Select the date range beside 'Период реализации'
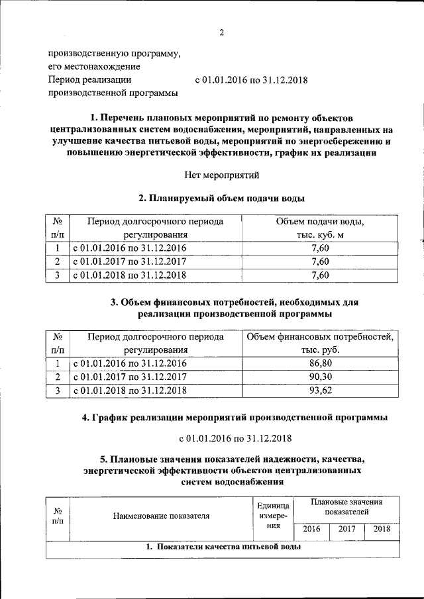pos(251,80)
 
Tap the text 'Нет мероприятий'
pos(222,175)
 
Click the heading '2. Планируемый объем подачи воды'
pos(222,198)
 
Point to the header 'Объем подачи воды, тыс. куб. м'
pos(320,228)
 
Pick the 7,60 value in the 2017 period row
pos(320,261)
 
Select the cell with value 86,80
pos(320,363)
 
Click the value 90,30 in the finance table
pos(320,377)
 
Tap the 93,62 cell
pos(320,391)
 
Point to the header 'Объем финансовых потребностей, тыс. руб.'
pos(320,344)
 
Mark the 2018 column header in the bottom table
pos(382,529)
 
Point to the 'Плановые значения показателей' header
pos(346,508)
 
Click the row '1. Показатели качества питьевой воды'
pos(223,548)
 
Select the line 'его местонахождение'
pos(93,66)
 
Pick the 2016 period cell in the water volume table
pos(129,248)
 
